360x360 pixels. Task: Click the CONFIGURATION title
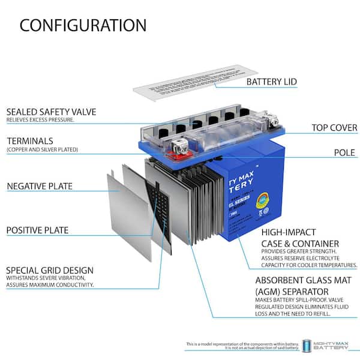click(83, 25)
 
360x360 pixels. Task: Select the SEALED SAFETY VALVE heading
click(51, 112)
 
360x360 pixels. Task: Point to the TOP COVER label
click(334, 128)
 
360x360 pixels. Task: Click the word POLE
click(345, 152)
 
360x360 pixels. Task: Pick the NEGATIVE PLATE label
click(40, 186)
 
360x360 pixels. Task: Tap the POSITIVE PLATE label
click(37, 230)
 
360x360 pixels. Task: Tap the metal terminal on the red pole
click(178, 144)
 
